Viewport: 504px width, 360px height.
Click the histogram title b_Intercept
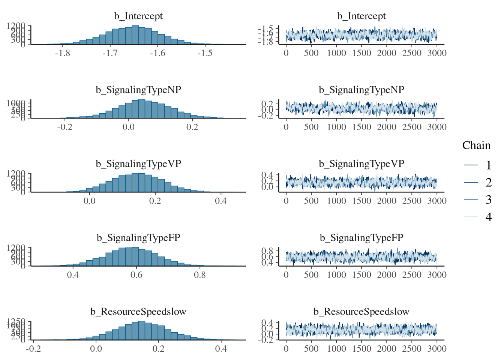tap(138, 16)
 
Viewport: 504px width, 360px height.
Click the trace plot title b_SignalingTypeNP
tap(361, 90)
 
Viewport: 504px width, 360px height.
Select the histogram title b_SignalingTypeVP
tap(138, 164)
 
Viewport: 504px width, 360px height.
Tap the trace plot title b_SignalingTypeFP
tap(361, 238)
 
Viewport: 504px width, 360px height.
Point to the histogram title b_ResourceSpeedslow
tap(138, 312)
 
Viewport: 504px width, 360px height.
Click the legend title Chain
tap(476, 145)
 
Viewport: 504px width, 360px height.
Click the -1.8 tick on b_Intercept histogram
tap(62, 53)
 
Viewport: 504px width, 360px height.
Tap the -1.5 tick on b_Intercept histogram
tap(205, 53)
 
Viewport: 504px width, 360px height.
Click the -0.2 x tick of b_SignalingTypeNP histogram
tap(64, 127)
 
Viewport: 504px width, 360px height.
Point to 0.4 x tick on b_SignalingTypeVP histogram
tap(221, 201)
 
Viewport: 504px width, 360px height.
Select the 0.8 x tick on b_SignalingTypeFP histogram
tap(200, 275)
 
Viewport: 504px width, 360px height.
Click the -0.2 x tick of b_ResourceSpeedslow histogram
tap(33, 349)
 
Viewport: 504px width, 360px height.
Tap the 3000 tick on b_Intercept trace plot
tap(437, 53)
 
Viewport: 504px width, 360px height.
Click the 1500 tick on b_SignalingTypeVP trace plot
tap(361, 201)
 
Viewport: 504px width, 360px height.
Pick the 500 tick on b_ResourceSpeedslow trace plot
tap(311, 349)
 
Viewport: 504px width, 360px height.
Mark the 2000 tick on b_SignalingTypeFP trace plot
tap(387, 275)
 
